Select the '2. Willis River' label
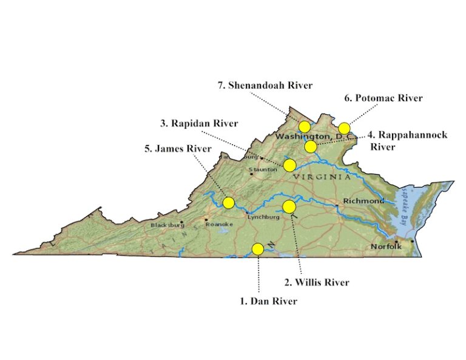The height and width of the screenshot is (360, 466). click(317, 282)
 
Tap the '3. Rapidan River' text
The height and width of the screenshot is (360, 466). click(199, 123)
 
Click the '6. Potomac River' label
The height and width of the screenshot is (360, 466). click(383, 98)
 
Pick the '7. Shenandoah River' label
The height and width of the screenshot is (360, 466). click(265, 85)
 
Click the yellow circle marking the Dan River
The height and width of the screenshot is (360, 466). click(258, 249)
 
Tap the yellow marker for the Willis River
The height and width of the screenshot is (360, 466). click(289, 207)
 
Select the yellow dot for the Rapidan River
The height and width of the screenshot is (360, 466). click(289, 165)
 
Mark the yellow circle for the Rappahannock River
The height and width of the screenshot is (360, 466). click(310, 146)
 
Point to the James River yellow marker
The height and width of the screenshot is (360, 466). click(229, 202)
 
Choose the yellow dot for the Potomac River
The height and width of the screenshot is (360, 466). click(344, 128)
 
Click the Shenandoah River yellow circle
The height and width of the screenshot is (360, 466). click(305, 127)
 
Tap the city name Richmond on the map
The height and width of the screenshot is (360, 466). click(363, 201)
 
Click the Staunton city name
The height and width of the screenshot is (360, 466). click(266, 170)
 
